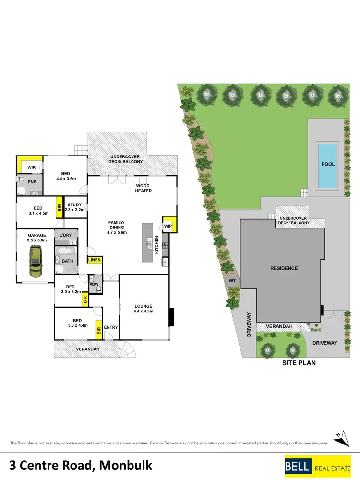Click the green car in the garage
pyautogui.click(x=35, y=262)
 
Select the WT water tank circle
pyautogui.click(x=232, y=279)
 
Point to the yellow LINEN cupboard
pyautogui.click(x=94, y=260)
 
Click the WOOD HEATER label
pyautogui.click(x=143, y=188)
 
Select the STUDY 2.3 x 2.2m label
pyautogui.click(x=75, y=207)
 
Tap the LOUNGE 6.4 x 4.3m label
pyautogui.click(x=143, y=309)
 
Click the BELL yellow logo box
pyautogui.click(x=299, y=465)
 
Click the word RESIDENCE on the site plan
pyautogui.click(x=284, y=268)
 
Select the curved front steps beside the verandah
pyautogui.click(x=127, y=348)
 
